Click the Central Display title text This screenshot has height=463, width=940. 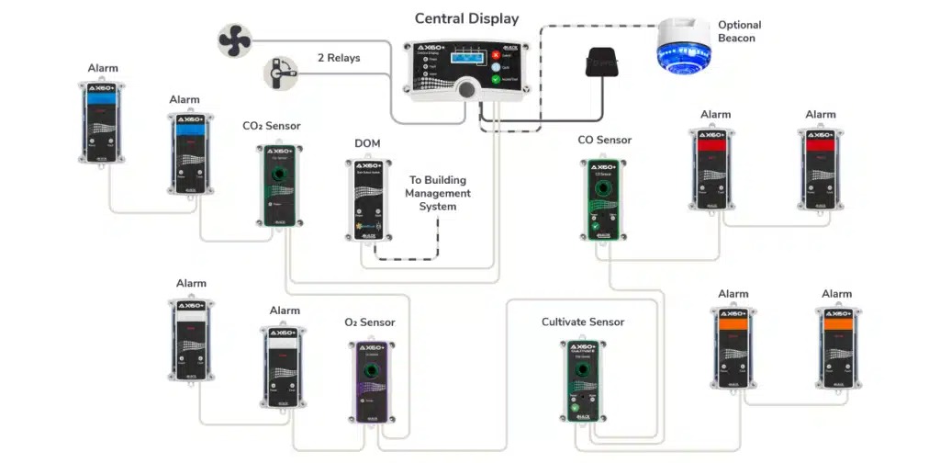pyautogui.click(x=466, y=18)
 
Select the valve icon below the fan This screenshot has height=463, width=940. pyautogui.click(x=277, y=73)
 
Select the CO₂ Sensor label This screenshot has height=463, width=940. pyautogui.click(x=271, y=126)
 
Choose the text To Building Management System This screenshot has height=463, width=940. pyautogui.click(x=438, y=194)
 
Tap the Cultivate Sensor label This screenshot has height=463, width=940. pyautogui.click(x=583, y=322)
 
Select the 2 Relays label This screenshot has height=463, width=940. pyautogui.click(x=338, y=58)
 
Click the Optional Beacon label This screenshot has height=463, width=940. pyautogui.click(x=739, y=31)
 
